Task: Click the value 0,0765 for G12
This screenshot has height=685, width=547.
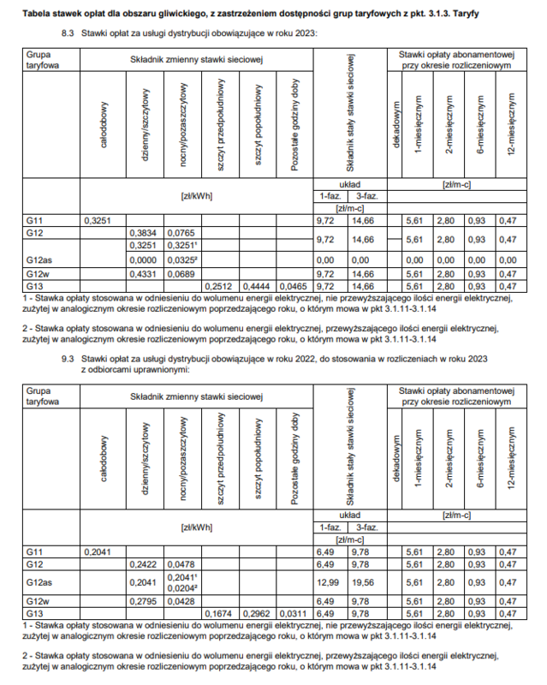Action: tap(181, 233)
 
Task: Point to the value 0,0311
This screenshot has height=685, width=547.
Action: tap(294, 614)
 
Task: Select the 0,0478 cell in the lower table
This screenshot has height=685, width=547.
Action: tap(181, 565)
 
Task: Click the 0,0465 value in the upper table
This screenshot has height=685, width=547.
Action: tap(294, 285)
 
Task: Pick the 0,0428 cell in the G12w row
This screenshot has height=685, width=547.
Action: tap(181, 602)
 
